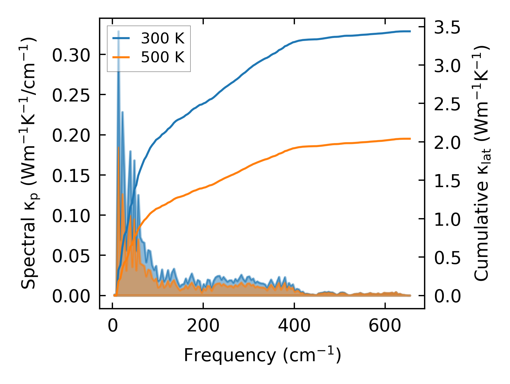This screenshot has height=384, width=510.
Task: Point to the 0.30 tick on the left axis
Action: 71,55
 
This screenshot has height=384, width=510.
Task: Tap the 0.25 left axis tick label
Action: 71,95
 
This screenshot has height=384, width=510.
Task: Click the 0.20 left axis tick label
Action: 71,135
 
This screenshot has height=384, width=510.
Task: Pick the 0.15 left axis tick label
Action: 71,176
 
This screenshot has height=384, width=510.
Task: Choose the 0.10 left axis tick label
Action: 71,216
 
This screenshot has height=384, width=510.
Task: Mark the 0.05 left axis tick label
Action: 71,256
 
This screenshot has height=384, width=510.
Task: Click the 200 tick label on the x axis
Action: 203,326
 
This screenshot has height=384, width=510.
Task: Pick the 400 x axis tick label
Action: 294,326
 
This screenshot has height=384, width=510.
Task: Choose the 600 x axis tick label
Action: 385,326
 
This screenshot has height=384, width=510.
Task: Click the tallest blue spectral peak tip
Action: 118,31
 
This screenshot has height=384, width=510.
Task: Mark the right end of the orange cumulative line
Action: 410,139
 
